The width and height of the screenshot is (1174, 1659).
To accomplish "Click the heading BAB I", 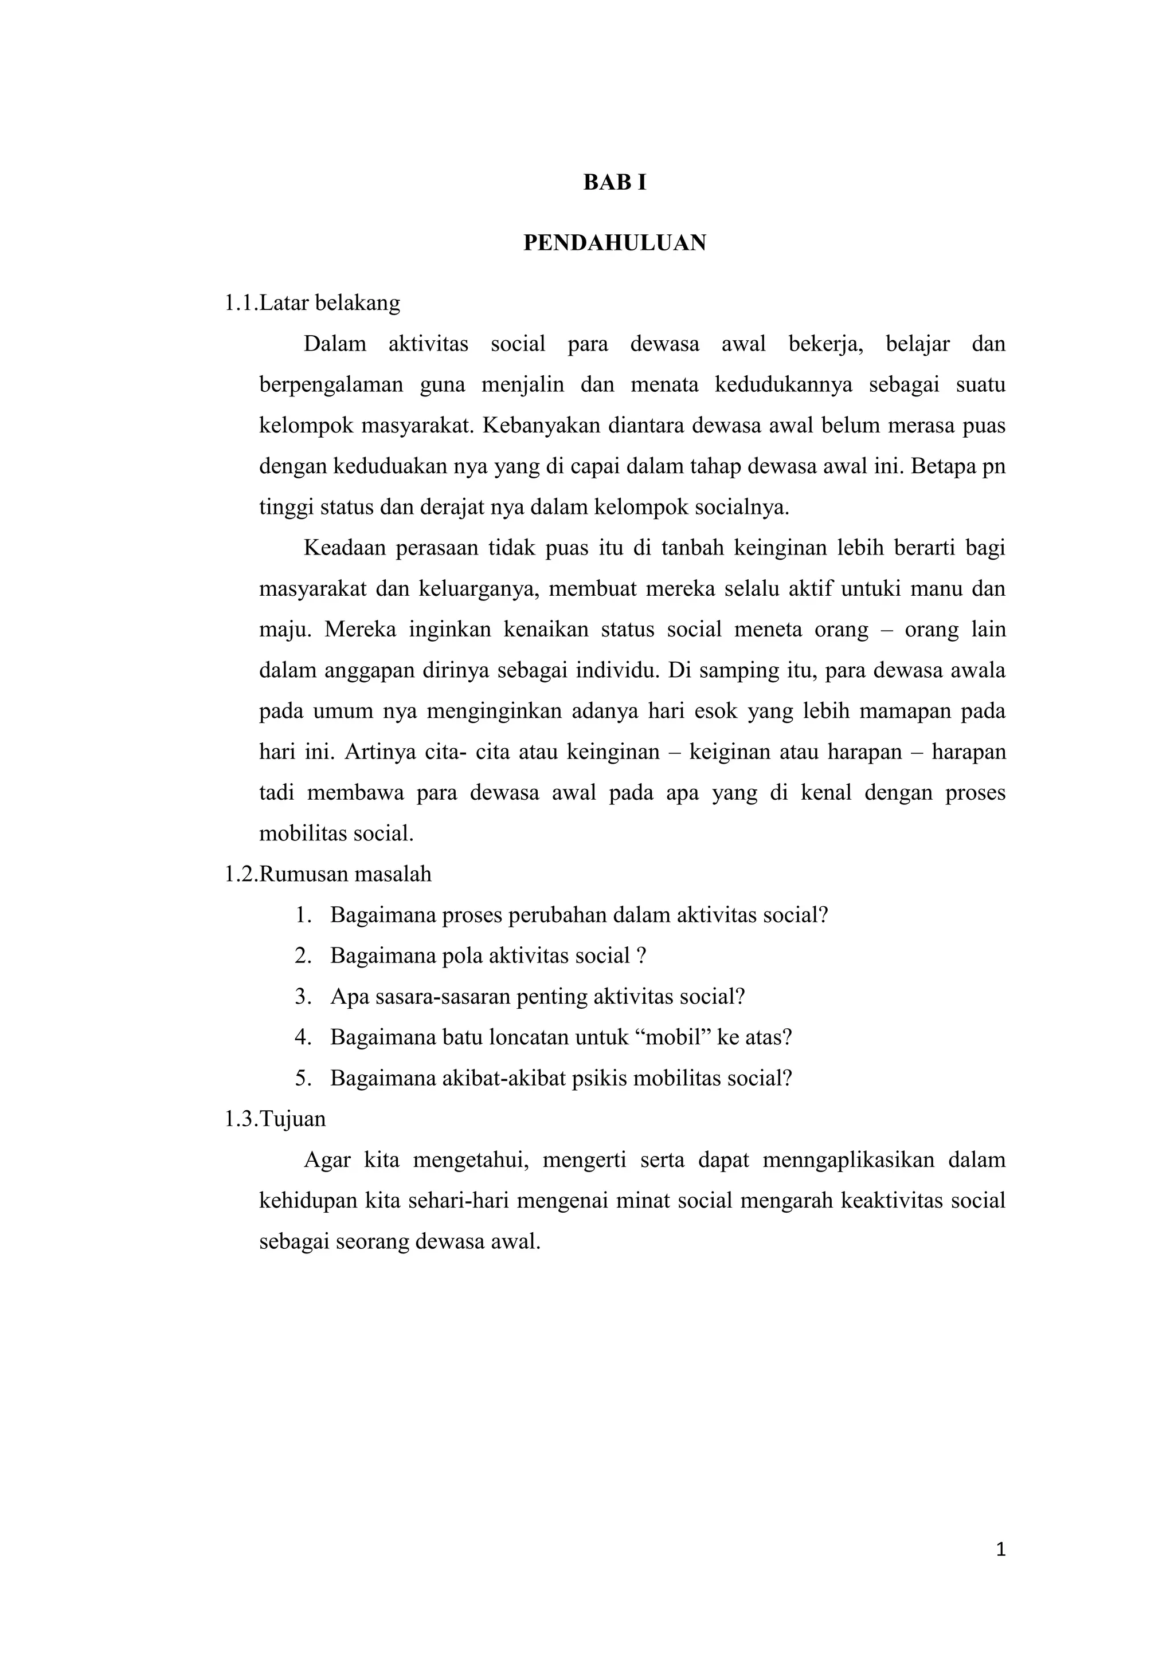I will (615, 183).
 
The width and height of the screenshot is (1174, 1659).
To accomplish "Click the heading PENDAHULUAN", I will (615, 243).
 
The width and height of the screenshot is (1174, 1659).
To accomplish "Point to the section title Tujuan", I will (293, 1119).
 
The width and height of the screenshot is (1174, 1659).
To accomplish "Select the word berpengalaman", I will (331, 384).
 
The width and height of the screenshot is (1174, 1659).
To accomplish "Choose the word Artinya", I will (380, 752).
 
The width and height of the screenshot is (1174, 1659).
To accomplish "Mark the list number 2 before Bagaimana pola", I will (302, 956).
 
